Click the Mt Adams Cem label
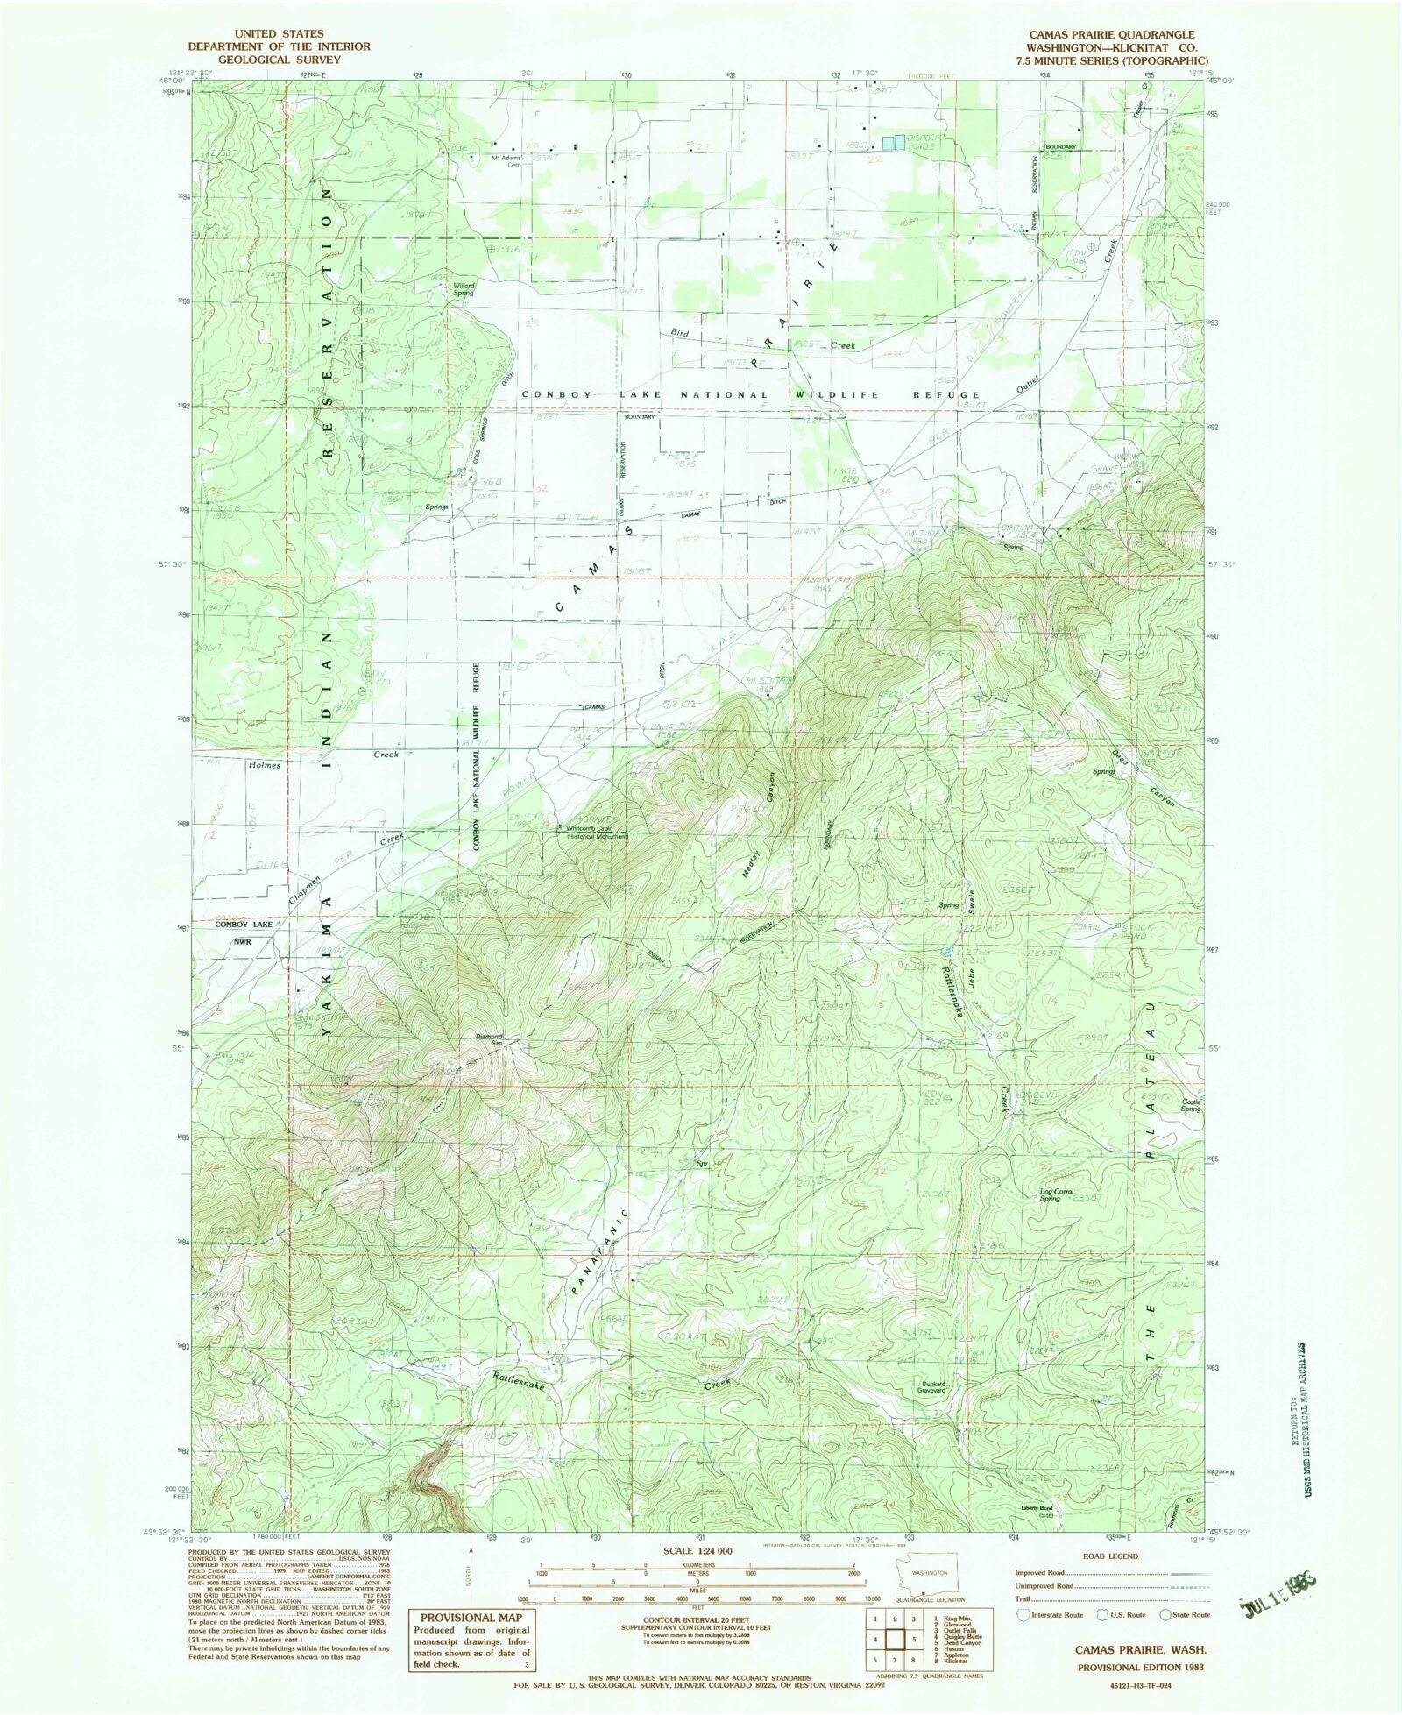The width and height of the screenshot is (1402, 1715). pyautogui.click(x=507, y=161)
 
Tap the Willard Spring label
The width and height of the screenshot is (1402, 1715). pyautogui.click(x=463, y=288)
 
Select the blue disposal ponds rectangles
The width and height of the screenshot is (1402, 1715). pyautogui.click(x=892, y=141)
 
